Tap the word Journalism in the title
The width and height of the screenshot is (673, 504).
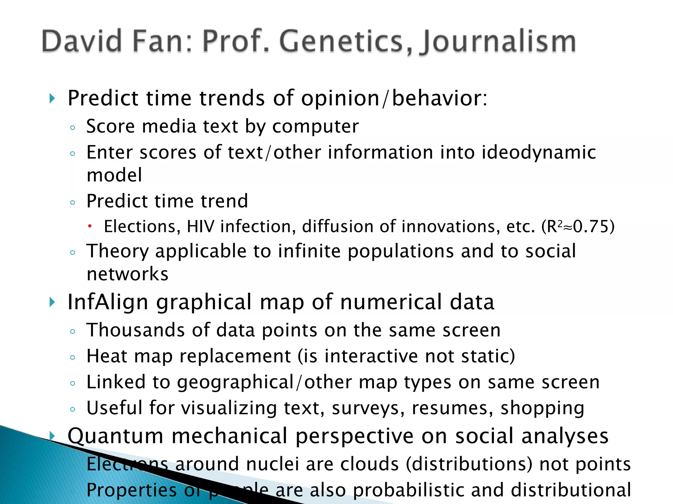point(499,42)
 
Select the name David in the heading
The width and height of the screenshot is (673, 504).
point(82,41)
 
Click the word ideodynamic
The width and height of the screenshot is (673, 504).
point(539,153)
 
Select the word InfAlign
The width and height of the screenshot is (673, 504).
point(108,302)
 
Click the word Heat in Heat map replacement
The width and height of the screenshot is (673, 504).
point(106,356)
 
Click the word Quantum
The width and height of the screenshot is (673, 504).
point(115,436)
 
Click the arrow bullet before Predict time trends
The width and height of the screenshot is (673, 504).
point(52,98)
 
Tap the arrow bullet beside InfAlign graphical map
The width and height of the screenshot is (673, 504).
point(52,302)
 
